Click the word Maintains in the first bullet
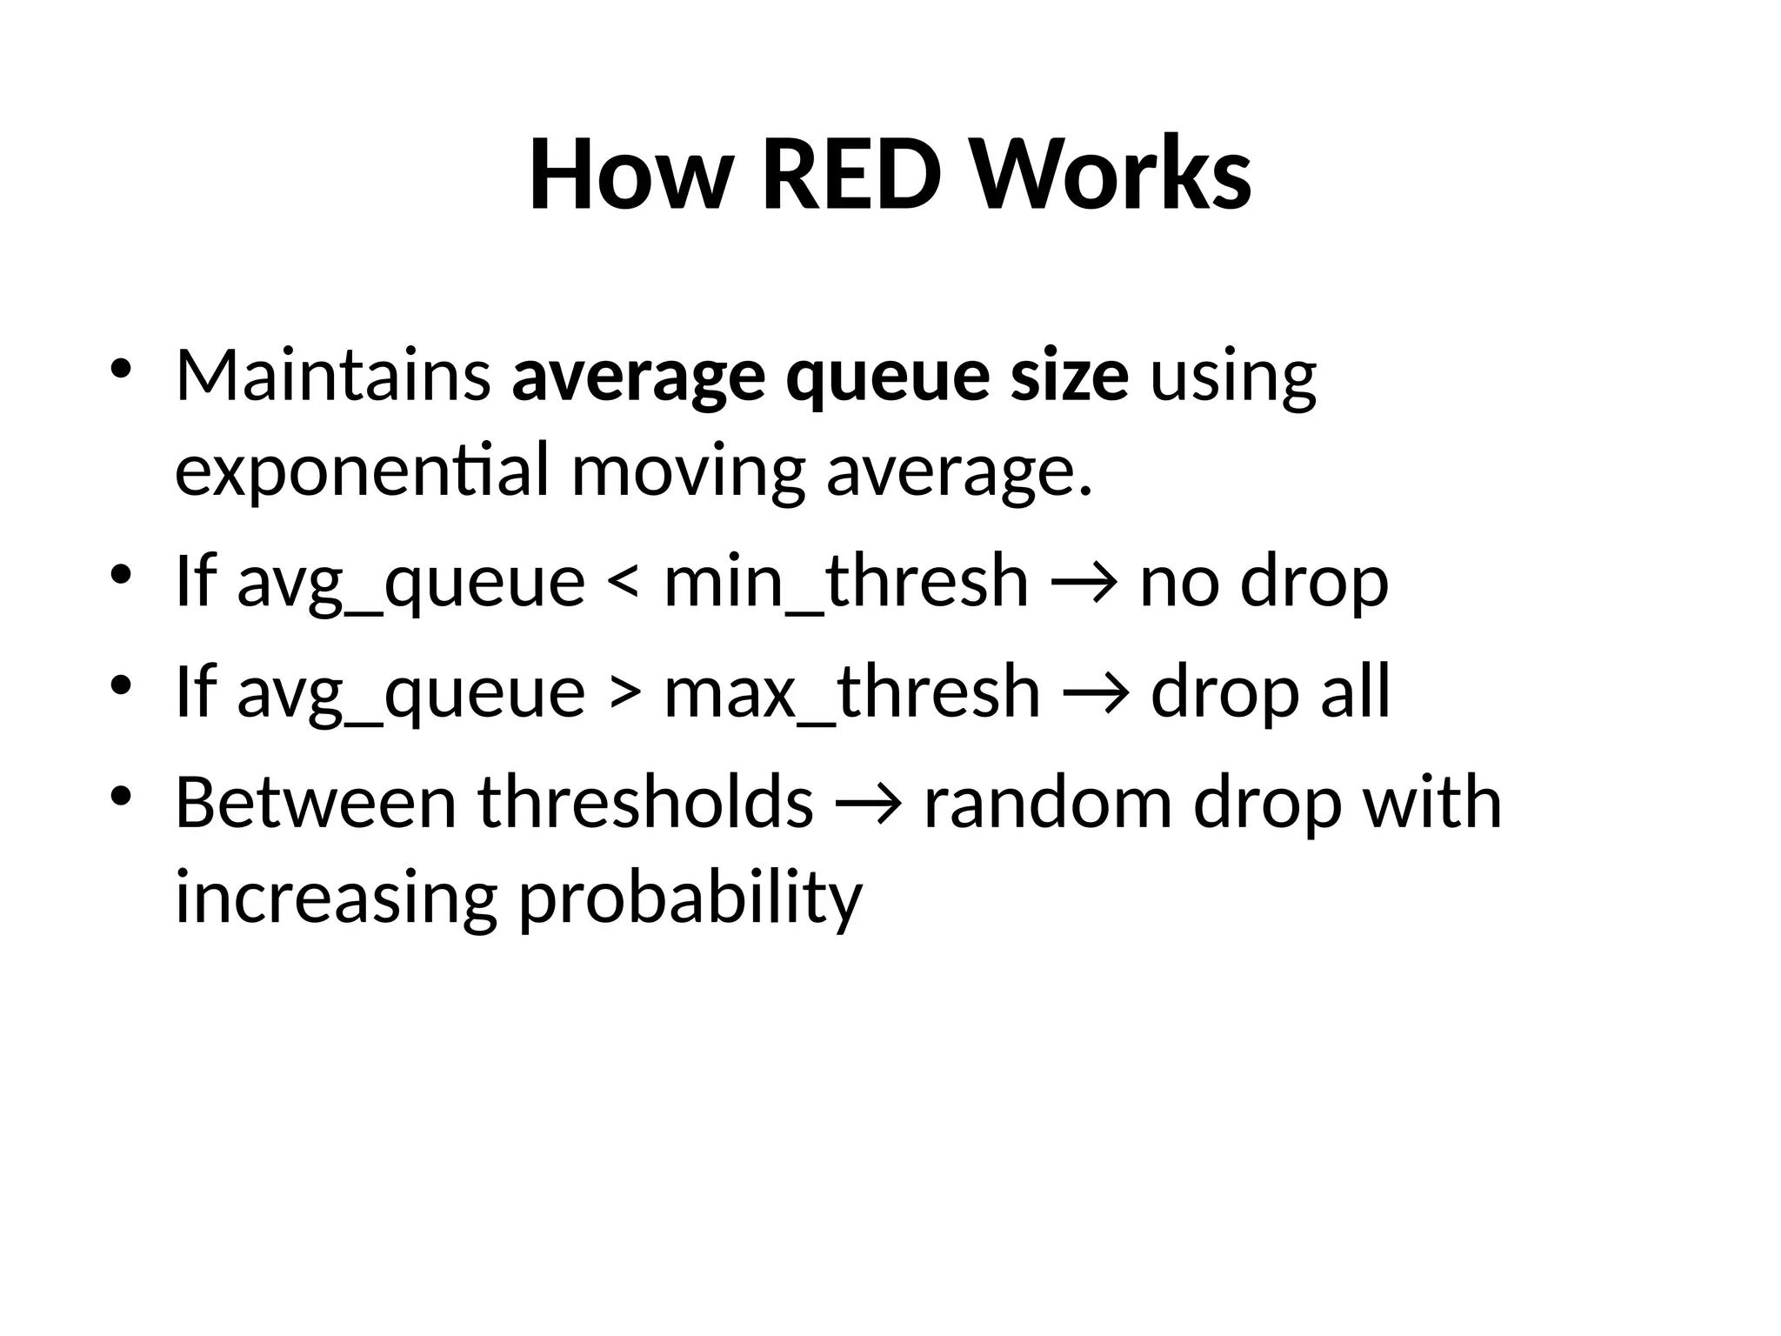click(333, 376)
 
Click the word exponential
click(362, 471)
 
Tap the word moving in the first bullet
click(687, 471)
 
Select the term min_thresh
click(845, 581)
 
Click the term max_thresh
click(851, 691)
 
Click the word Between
click(316, 802)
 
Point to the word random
click(1047, 802)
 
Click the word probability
click(690, 898)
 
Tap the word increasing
click(336, 898)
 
